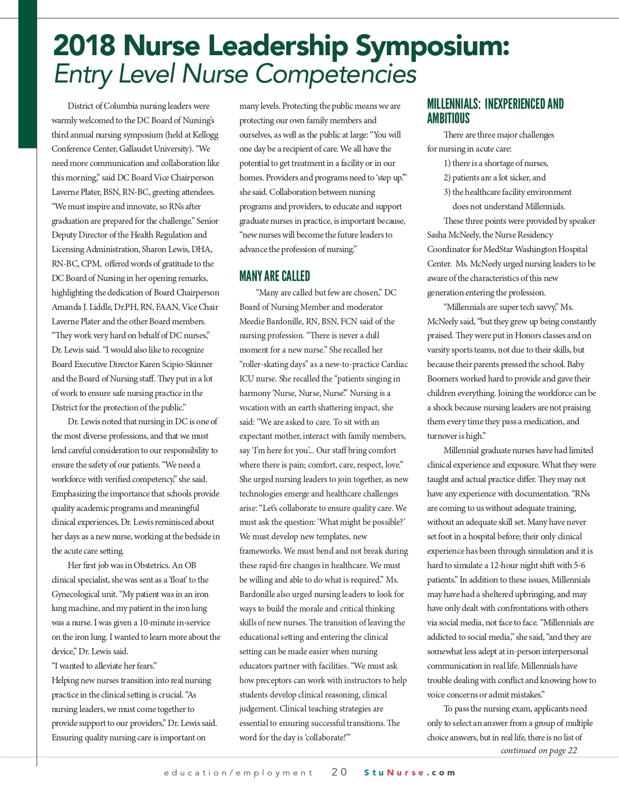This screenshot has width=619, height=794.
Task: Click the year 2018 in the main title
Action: (x=84, y=45)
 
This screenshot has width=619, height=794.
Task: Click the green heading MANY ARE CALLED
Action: (x=274, y=276)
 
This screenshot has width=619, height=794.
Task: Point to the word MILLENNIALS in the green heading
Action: (x=453, y=104)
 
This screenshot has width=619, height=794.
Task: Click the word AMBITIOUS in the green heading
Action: (x=448, y=118)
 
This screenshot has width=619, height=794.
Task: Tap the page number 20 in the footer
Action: (x=339, y=772)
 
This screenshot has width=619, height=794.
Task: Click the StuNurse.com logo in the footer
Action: (x=410, y=772)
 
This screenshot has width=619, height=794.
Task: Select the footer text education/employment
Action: (x=238, y=772)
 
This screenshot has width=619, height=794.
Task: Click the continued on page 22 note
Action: (x=539, y=750)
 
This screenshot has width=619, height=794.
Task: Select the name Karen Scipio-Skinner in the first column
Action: (x=176, y=364)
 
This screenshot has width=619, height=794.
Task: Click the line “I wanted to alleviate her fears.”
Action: (x=104, y=666)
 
